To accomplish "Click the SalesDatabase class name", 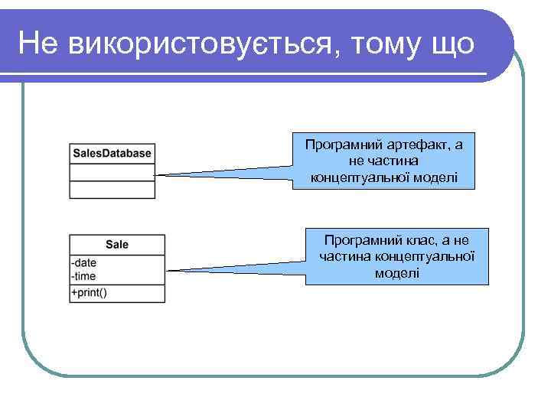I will pyautogui.click(x=112, y=153).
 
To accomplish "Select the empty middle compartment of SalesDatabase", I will pyautogui.click(x=112, y=171).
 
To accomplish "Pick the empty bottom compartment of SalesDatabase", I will pyautogui.click(x=112, y=190).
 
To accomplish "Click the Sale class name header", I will pyautogui.click(x=117, y=245).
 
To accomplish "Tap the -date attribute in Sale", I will pyautogui.click(x=84, y=262).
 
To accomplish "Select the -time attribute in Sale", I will pyautogui.click(x=84, y=275).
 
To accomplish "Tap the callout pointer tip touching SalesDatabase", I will pyautogui.click(x=157, y=175).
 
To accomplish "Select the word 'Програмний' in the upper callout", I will pyautogui.click(x=341, y=145).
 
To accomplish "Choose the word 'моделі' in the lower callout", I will pyautogui.click(x=396, y=273).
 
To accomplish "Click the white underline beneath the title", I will pyautogui.click(x=253, y=74).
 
